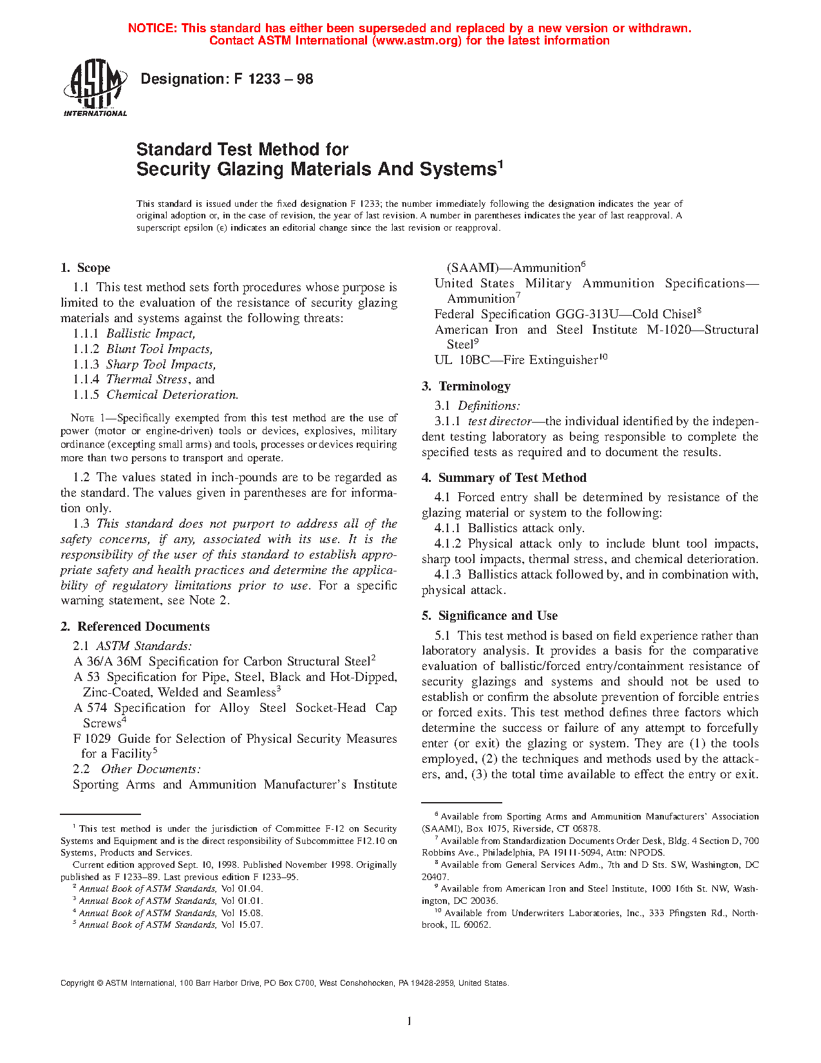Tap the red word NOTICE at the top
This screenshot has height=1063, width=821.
(152, 28)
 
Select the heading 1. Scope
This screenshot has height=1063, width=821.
(85, 268)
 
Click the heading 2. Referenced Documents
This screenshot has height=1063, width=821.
(135, 627)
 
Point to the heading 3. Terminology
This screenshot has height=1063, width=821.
(466, 387)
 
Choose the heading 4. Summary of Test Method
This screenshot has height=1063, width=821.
(504, 478)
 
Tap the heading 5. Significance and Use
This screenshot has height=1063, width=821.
(490, 616)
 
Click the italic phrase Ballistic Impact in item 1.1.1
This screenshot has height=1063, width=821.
(151, 334)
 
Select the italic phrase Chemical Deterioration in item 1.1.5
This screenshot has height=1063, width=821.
(172, 395)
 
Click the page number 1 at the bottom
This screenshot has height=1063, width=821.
(410, 1020)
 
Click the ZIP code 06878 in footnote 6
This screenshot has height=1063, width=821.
(585, 828)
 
